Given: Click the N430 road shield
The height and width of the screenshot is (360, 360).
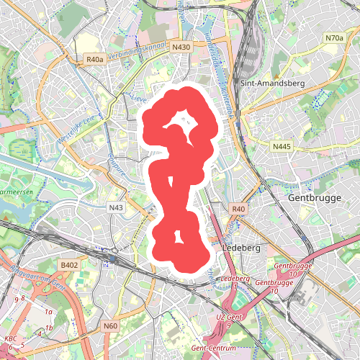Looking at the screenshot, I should (x=181, y=47).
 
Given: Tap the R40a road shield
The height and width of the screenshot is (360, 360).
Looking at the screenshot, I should (x=94, y=60).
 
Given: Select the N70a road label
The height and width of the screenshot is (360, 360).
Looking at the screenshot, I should (x=334, y=37).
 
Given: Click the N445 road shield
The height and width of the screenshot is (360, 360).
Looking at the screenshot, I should (x=282, y=146).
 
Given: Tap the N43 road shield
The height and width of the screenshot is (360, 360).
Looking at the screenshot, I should (x=116, y=207).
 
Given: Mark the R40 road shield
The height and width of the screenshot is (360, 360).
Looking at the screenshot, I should (x=239, y=209).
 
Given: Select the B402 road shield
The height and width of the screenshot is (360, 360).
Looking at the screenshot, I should (x=69, y=266).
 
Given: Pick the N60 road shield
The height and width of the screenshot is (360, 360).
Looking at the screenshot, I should (x=110, y=326).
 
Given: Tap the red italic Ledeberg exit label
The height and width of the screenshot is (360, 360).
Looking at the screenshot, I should (x=235, y=279).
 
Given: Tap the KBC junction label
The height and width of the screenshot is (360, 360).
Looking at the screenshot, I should (x=11, y=338).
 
